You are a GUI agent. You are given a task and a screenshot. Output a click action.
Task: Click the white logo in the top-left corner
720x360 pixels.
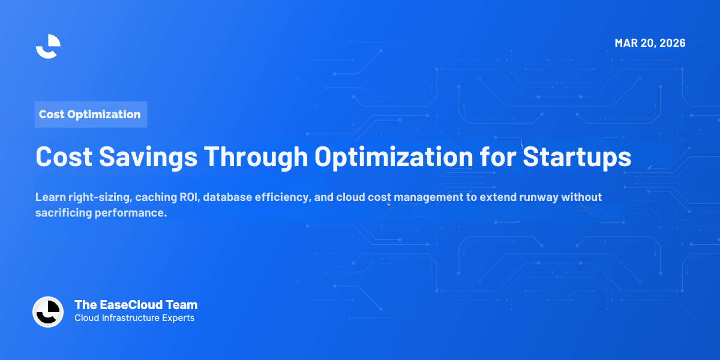(x=48, y=46)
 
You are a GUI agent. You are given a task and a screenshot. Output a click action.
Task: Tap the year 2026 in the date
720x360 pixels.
(x=671, y=43)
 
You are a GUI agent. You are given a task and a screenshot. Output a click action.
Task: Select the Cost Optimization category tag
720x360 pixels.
(x=89, y=114)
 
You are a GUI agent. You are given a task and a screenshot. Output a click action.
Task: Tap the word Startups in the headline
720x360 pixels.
(x=577, y=157)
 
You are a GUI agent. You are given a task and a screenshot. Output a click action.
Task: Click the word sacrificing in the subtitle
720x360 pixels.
(x=63, y=214)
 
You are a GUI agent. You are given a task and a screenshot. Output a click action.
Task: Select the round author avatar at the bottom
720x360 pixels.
(x=48, y=312)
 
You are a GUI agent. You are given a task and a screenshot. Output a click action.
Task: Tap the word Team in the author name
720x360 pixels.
(x=184, y=305)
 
